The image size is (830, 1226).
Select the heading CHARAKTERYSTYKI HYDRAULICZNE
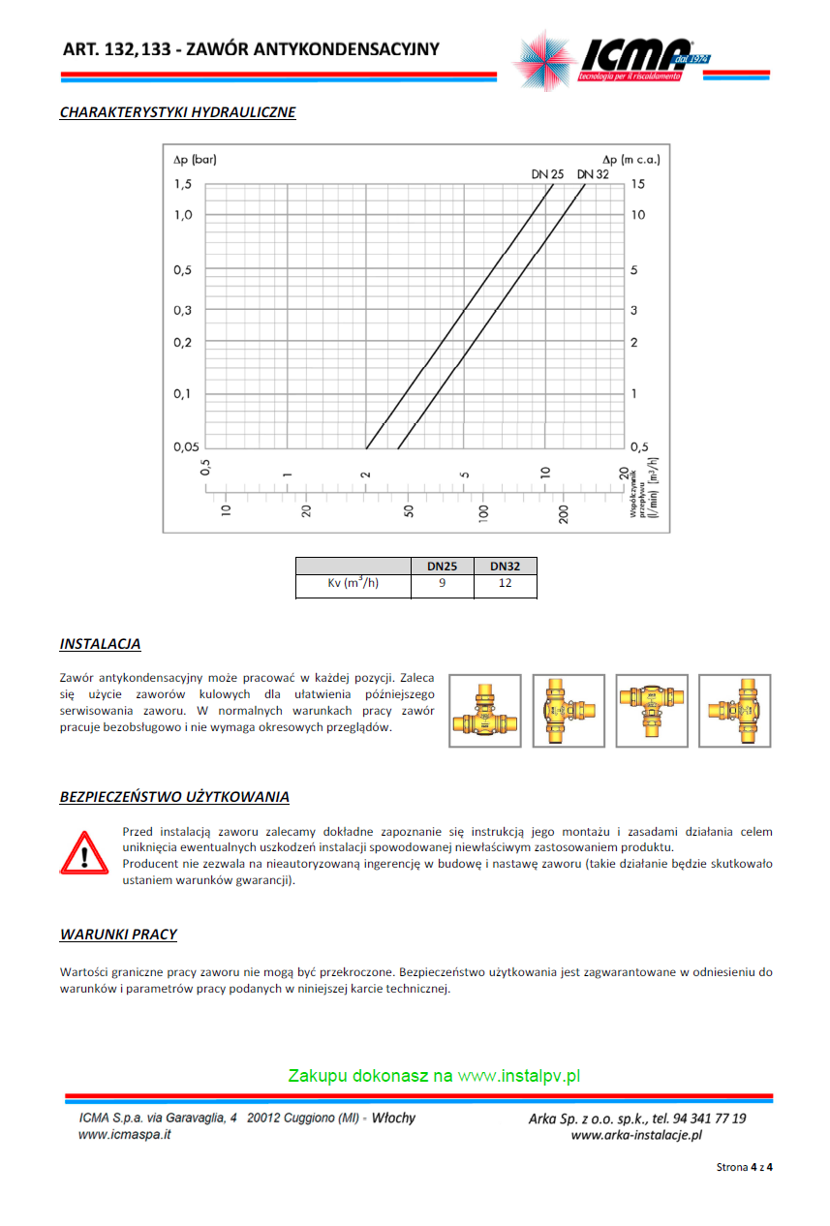(x=177, y=112)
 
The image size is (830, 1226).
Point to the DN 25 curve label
(x=547, y=174)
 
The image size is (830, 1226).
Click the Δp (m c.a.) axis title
(x=630, y=159)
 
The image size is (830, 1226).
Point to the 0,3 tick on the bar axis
(x=182, y=310)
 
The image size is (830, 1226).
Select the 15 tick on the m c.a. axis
(x=637, y=184)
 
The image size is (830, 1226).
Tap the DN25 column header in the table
(x=442, y=567)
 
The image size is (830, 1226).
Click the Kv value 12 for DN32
(x=505, y=584)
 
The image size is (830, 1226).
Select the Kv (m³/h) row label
(x=353, y=584)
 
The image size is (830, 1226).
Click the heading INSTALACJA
(x=100, y=644)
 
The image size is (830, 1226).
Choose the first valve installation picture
(x=484, y=711)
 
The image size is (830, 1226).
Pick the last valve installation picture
(x=735, y=711)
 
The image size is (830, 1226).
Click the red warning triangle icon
(x=85, y=853)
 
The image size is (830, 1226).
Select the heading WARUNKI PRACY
(x=118, y=935)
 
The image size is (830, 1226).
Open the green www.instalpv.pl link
(x=518, y=1076)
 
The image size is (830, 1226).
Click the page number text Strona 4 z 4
(x=744, y=1167)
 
